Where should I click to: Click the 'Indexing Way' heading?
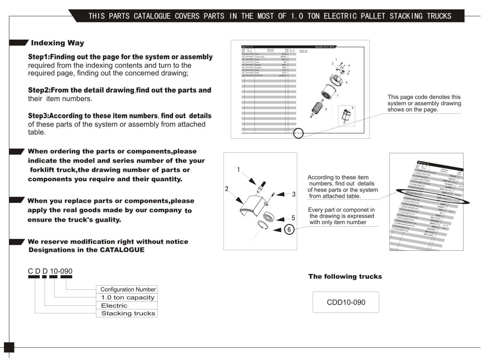pyautogui.click(x=57, y=43)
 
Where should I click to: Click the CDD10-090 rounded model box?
pyautogui.click(x=346, y=302)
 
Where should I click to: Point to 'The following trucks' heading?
pyautogui.click(x=345, y=277)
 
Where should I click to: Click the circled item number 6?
pyautogui.click(x=290, y=230)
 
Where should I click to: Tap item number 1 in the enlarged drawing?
pyautogui.click(x=238, y=169)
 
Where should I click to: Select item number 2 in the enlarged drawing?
pyautogui.click(x=227, y=188)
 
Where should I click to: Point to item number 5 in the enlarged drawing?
pyautogui.click(x=293, y=218)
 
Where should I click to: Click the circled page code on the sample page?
pyautogui.click(x=298, y=133)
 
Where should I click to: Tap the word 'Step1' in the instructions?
pyautogui.click(x=38, y=57)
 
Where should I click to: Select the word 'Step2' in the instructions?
pyautogui.click(x=38, y=90)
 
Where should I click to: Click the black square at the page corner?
pyautogui.click(x=9, y=347)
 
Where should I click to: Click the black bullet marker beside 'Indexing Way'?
pyautogui.click(x=19, y=43)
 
